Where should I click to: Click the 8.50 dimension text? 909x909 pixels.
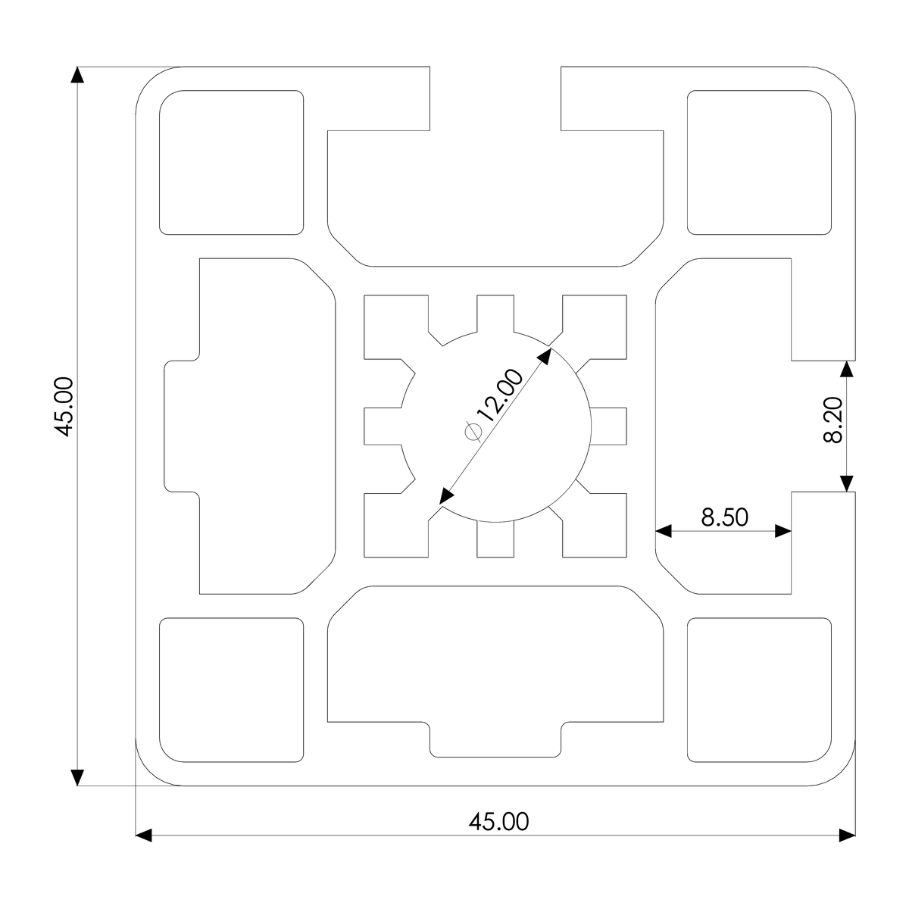pos(724,517)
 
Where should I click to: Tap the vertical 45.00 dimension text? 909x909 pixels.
pos(64,407)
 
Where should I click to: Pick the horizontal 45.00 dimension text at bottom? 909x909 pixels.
pos(498,821)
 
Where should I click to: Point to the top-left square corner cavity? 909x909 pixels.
pos(231,162)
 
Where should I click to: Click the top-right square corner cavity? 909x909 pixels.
pos(758,162)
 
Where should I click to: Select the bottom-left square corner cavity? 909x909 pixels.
pos(231,689)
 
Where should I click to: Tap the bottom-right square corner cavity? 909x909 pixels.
pos(758,689)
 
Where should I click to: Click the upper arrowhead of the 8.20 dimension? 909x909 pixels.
pos(847,369)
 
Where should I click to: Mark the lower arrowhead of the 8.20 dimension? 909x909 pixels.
pos(847,483)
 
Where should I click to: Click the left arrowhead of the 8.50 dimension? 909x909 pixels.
pos(664,531)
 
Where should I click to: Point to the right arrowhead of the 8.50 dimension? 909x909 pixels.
pos(782,531)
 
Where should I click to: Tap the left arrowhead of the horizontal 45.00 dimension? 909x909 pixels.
pos(144,836)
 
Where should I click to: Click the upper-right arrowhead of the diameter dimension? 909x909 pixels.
pos(545,355)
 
